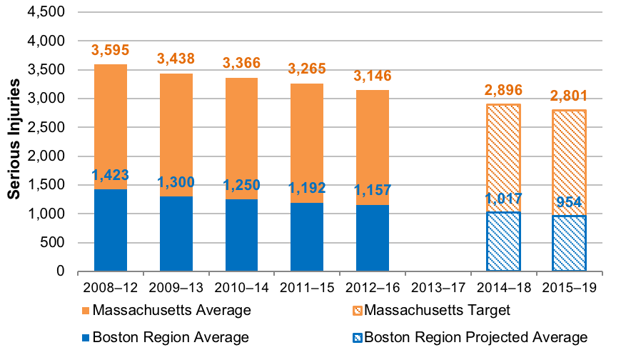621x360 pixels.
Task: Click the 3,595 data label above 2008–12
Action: tap(111, 51)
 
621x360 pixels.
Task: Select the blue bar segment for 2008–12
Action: tap(111, 230)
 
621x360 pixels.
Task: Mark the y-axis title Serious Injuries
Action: tap(14, 142)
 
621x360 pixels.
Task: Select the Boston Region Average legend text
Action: tap(171, 337)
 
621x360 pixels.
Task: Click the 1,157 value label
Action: tap(372, 191)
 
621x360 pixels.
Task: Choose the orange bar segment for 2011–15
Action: tap(307, 143)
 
